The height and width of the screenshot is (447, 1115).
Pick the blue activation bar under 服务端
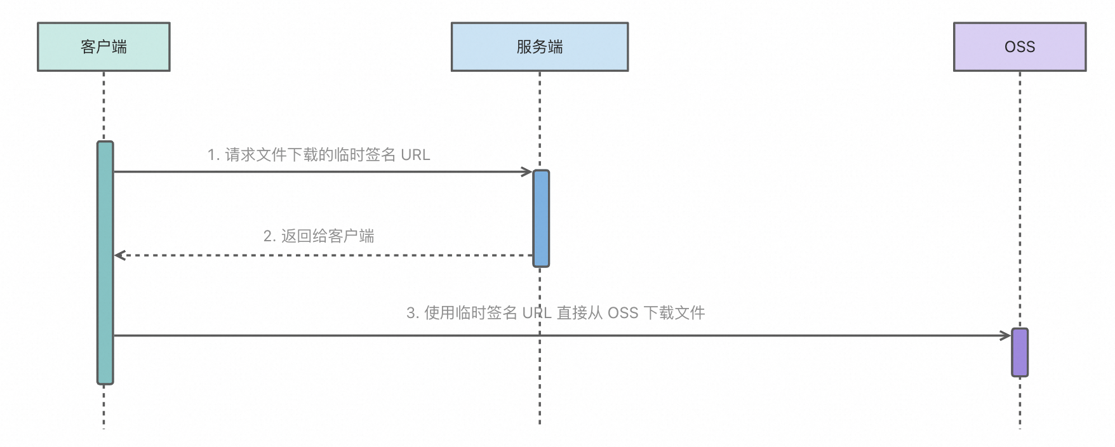pyautogui.click(x=540, y=218)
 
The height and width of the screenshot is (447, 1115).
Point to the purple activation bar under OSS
pyautogui.click(x=1019, y=352)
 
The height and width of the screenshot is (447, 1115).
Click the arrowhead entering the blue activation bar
pyautogui.click(x=527, y=171)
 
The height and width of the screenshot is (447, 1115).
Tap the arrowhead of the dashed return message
pyautogui.click(x=119, y=255)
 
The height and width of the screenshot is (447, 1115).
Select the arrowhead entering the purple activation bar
pyautogui.click(x=1006, y=335)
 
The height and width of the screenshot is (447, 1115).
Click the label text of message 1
pyautogui.click(x=319, y=155)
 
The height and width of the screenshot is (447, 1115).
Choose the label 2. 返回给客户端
pyautogui.click(x=319, y=236)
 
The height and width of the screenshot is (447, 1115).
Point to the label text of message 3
pyautogui.click(x=556, y=313)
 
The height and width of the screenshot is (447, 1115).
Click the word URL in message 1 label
pyautogui.click(x=415, y=155)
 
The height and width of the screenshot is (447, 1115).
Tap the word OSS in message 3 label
pyautogui.click(x=623, y=313)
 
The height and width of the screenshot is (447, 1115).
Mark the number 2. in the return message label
pyautogui.click(x=269, y=236)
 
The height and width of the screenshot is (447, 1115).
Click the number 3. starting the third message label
pyautogui.click(x=412, y=313)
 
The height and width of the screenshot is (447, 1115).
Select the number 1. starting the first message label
pyautogui.click(x=213, y=155)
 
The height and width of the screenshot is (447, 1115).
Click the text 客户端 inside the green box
pyautogui.click(x=103, y=47)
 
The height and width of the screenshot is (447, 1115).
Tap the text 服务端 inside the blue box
pyautogui.click(x=539, y=47)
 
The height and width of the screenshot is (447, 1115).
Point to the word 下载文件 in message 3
pyautogui.click(x=674, y=313)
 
